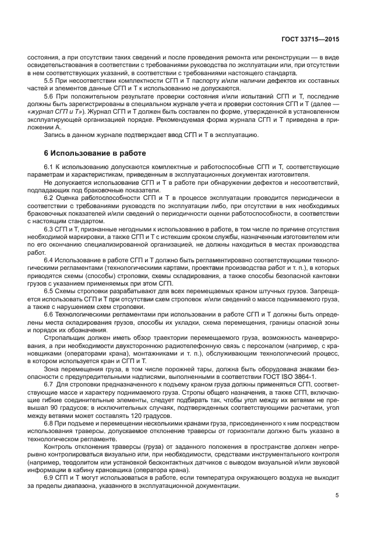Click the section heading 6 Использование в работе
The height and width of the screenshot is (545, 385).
(x=95, y=153)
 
